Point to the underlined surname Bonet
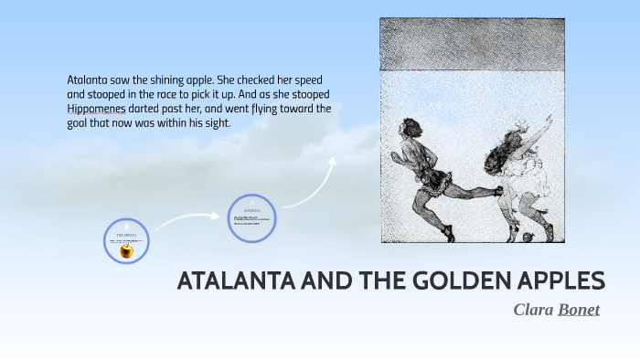pos(580,310)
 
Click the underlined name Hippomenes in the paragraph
pos(101,109)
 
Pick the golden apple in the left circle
pos(127,249)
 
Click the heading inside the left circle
pos(126,235)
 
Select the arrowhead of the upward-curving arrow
pos(332,162)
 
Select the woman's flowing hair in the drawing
pos(506,145)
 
